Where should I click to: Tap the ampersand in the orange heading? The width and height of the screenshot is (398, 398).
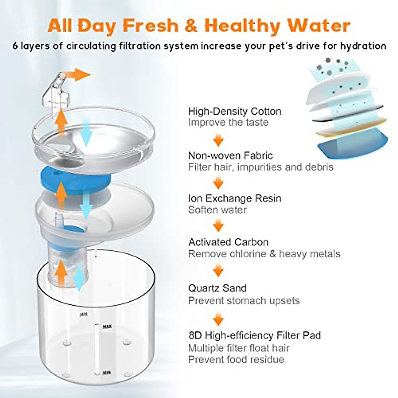[x=191, y=25]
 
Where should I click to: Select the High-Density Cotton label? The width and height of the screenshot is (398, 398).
[x=234, y=111]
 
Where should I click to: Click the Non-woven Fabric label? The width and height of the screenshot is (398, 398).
[x=230, y=155]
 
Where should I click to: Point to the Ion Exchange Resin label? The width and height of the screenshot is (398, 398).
[x=234, y=198]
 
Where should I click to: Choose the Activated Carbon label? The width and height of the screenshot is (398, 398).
[x=228, y=242]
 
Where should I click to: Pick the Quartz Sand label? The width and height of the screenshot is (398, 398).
[x=217, y=288]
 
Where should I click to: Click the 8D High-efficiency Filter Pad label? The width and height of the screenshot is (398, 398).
[x=254, y=335]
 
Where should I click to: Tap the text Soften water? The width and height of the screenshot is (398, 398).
[x=217, y=210]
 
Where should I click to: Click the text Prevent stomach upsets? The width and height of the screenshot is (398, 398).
[x=243, y=300]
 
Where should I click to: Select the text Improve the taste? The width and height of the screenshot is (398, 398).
[x=228, y=122]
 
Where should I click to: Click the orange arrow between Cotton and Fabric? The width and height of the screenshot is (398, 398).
[x=218, y=140]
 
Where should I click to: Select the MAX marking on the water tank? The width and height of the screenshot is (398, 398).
[x=107, y=326]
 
